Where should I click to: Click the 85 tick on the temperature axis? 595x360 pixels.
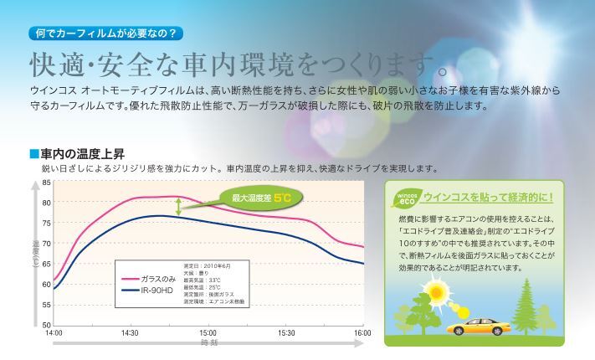tap(46, 182)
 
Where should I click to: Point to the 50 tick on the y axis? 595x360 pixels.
tap(46, 324)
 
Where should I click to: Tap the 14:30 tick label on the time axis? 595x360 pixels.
tap(130, 333)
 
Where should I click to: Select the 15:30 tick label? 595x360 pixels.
tap(286, 333)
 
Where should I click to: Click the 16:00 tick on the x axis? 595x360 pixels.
tap(362, 333)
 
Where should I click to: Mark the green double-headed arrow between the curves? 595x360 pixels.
tap(177, 208)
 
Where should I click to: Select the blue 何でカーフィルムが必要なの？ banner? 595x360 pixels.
tap(105, 35)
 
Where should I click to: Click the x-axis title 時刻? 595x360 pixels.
tap(208, 343)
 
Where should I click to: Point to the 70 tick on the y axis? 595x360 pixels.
tap(46, 243)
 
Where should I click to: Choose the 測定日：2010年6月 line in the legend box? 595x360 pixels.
tap(205, 265)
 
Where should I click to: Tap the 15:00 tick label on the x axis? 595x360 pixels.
tap(208, 333)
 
